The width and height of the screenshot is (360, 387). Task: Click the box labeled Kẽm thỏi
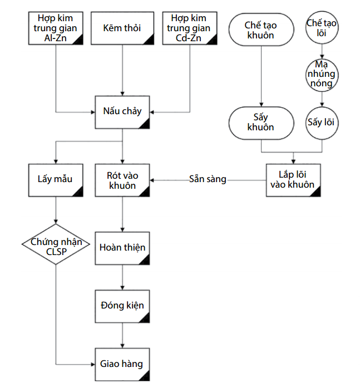point(122,27)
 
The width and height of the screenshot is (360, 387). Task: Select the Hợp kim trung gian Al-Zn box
point(56,27)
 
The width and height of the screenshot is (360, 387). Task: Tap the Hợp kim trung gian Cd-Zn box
point(189,27)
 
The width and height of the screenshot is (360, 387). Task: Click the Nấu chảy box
point(122,111)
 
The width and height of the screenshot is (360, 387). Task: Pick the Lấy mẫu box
point(56,179)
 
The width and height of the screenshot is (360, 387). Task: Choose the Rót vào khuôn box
point(122,180)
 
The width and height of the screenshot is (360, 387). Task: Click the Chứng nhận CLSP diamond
point(56,246)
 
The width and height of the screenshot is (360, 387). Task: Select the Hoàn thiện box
point(122,247)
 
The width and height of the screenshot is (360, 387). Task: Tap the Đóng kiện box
point(122,305)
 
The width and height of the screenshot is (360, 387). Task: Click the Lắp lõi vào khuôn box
point(293,179)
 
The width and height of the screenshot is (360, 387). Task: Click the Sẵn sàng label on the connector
point(208,179)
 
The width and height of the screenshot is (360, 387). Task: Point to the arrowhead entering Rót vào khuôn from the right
point(153,180)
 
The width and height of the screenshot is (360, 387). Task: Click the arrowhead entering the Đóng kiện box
point(122,287)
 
